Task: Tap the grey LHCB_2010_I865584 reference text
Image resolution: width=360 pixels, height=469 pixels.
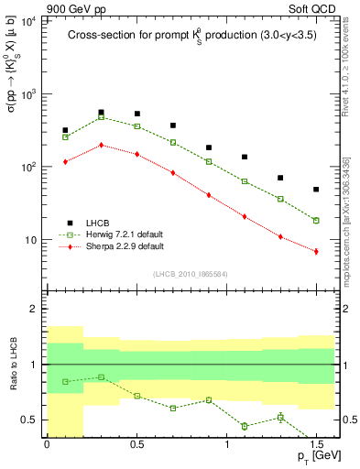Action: pos(191,274)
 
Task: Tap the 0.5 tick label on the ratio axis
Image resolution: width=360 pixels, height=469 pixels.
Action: pos(31,420)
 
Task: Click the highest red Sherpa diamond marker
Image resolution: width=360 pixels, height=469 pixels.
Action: pos(101,145)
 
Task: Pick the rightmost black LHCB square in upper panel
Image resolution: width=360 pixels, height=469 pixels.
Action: pos(316,190)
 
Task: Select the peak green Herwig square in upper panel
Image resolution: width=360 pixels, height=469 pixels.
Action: pos(101,117)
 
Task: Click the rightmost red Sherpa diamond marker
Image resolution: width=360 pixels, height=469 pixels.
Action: pos(316,251)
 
